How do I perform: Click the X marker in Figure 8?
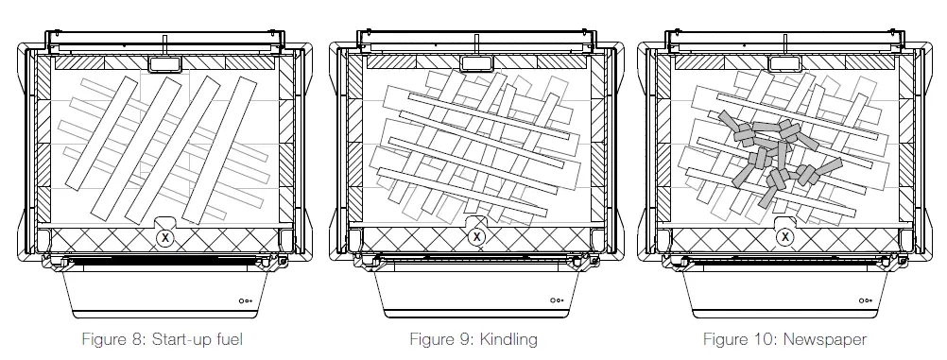[x=164, y=238]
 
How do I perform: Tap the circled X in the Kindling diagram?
[x=477, y=237]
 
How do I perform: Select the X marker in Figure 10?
[x=785, y=237]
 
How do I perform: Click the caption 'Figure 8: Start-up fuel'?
[x=162, y=339]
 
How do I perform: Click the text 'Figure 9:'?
[x=442, y=339]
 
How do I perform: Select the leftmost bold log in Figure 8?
[x=101, y=133]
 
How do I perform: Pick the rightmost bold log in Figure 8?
[x=219, y=150]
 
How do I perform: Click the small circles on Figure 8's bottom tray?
[x=245, y=300]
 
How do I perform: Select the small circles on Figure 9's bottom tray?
[x=557, y=300]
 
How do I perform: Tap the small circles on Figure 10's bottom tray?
[x=866, y=300]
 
